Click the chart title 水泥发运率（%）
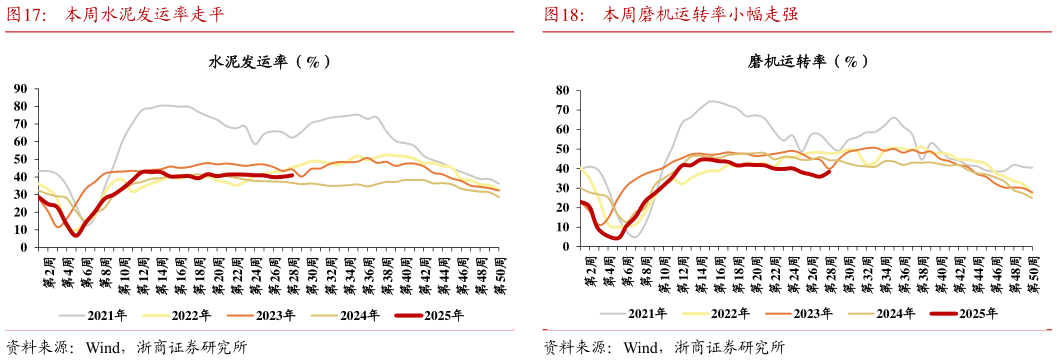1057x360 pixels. [269, 62]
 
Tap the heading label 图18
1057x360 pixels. [566, 15]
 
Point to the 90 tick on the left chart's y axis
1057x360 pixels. [19, 89]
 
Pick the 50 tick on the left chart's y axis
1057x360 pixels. [19, 159]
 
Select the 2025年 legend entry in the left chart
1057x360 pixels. [443, 315]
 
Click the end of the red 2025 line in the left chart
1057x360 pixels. [292, 175]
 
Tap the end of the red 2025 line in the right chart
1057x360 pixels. [830, 171]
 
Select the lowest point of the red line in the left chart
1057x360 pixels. [76, 235]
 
